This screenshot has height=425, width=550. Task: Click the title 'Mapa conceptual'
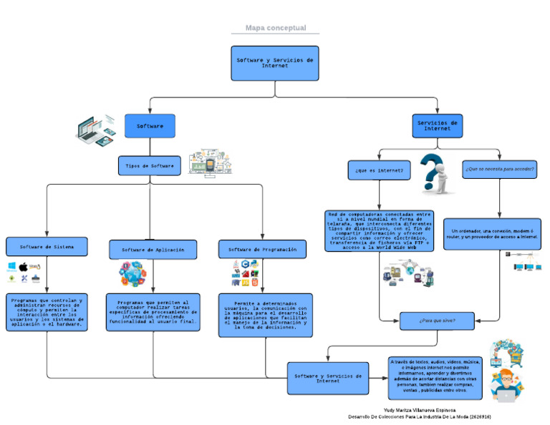[276, 28]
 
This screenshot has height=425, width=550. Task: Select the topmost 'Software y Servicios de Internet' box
[275, 63]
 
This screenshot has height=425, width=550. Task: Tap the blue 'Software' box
[150, 126]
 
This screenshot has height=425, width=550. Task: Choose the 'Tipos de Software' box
[149, 166]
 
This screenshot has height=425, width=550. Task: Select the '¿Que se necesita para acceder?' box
[499, 170]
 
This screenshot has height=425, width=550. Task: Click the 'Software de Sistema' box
[47, 246]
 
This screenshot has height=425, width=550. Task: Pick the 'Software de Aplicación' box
[148, 250]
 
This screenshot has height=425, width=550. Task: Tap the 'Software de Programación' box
[263, 249]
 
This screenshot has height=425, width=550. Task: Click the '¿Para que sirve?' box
[437, 321]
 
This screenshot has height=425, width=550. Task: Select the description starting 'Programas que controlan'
[47, 313]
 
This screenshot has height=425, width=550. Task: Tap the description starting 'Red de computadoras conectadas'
[380, 230]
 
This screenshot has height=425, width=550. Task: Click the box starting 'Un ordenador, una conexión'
[493, 234]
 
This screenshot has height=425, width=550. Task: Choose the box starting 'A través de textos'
[435, 377]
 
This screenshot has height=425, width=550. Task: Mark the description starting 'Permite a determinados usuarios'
[265, 315]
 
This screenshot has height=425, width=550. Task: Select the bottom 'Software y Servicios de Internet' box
[329, 378]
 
